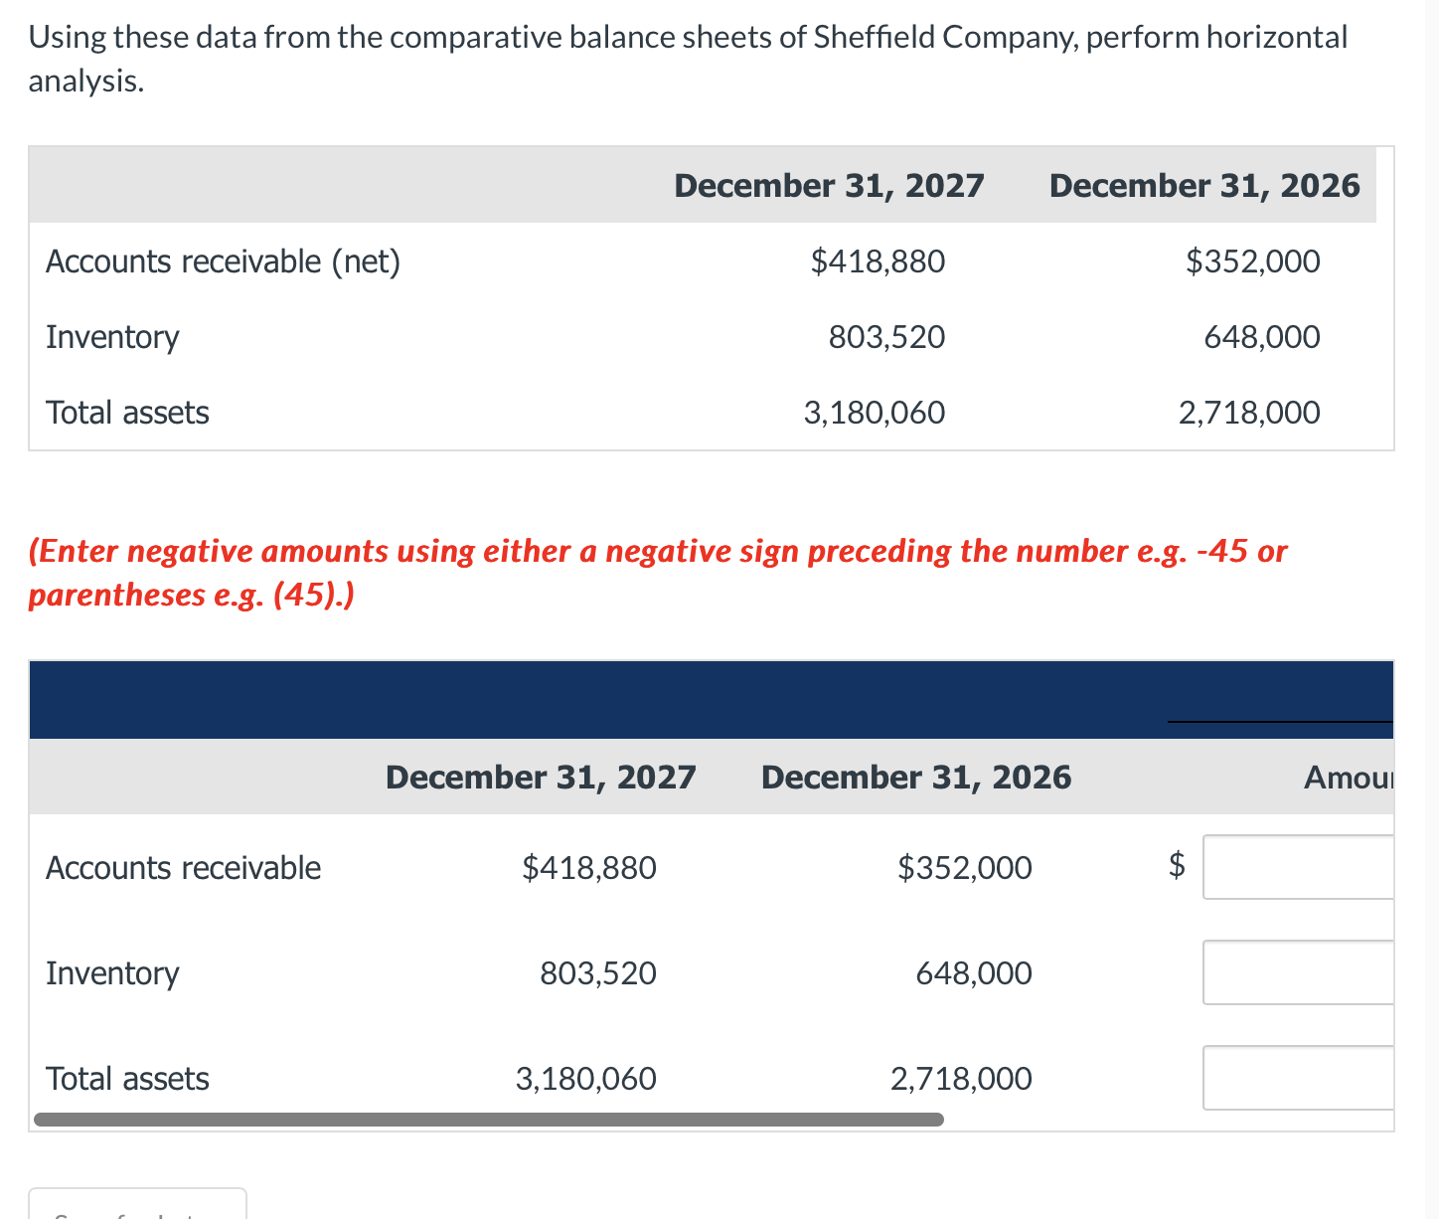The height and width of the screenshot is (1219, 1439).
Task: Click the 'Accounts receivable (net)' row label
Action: [223, 261]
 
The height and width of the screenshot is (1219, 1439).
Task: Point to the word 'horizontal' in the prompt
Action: [1277, 37]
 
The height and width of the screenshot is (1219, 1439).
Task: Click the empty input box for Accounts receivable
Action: [1297, 867]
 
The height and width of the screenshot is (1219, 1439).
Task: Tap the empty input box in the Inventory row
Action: [1297, 972]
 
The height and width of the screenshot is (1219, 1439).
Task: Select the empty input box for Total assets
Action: [1297, 1078]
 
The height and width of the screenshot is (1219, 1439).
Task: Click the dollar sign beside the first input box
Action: [1176, 865]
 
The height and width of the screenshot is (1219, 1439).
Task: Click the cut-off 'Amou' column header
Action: [1348, 777]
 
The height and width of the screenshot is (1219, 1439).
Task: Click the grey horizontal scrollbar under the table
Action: [488, 1120]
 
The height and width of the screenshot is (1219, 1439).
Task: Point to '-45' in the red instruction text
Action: [1222, 551]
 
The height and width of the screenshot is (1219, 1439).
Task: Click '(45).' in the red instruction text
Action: [314, 595]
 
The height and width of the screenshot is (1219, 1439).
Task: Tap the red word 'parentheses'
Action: [116, 595]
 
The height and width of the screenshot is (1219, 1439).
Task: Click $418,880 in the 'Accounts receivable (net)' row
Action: [878, 261]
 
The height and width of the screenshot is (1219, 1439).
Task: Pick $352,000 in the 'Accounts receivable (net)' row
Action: [1252, 261]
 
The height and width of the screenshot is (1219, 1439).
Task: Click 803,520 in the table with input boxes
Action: [597, 972]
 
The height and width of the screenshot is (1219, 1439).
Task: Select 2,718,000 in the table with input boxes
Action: [960, 1078]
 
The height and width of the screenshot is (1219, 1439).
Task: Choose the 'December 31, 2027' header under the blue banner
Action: [541, 777]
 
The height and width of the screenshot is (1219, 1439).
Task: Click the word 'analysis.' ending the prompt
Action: [85, 81]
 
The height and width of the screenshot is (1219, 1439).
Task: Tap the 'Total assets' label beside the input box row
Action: [127, 1078]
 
